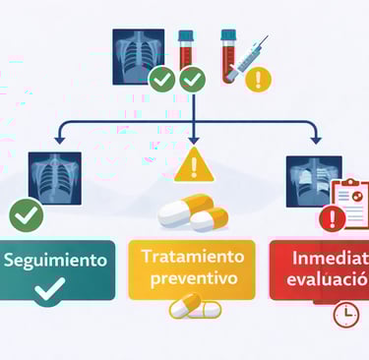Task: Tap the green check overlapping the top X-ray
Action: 162,79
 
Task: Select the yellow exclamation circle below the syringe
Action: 258,79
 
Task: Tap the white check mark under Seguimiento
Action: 49,288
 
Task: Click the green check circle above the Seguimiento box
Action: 27,213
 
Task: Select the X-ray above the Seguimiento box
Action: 51,176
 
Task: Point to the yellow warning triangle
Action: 193,167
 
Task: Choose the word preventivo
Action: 192,278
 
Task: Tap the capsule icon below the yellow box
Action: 195,309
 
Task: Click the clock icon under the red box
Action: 345,315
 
